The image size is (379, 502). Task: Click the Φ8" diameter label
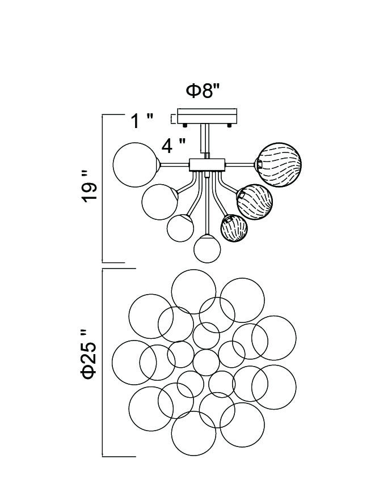[x=203, y=91]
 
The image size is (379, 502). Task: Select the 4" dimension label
[x=174, y=146]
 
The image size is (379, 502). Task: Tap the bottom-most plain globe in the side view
[x=207, y=249]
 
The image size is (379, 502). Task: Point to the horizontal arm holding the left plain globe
[x=172, y=165]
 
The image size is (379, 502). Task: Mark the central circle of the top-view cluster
[x=205, y=361]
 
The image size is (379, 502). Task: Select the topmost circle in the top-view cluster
[x=193, y=292]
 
